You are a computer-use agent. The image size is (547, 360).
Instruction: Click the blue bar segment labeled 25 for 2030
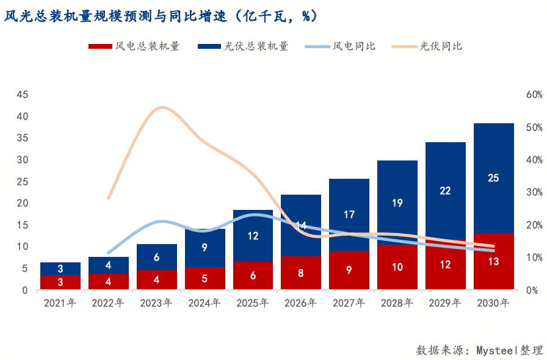[493, 178]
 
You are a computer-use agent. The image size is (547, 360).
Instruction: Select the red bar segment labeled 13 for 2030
[493, 261]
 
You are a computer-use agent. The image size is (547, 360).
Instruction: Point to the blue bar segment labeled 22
[445, 190]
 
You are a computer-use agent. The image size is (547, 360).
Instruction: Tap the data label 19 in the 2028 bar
[397, 203]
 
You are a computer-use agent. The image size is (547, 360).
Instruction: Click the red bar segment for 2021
[60, 283]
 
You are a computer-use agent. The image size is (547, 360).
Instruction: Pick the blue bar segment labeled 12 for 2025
[253, 236]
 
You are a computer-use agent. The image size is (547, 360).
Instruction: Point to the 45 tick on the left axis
[22, 95]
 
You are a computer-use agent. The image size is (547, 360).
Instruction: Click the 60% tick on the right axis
[534, 95]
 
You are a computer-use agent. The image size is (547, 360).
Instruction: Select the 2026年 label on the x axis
[300, 303]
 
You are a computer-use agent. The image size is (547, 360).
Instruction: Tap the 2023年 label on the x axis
[156, 303]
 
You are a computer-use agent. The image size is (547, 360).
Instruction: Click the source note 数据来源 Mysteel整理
[479, 350]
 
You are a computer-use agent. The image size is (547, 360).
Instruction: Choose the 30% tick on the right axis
[534, 192]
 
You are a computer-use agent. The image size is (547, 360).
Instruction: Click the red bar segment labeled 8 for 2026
[301, 273]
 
